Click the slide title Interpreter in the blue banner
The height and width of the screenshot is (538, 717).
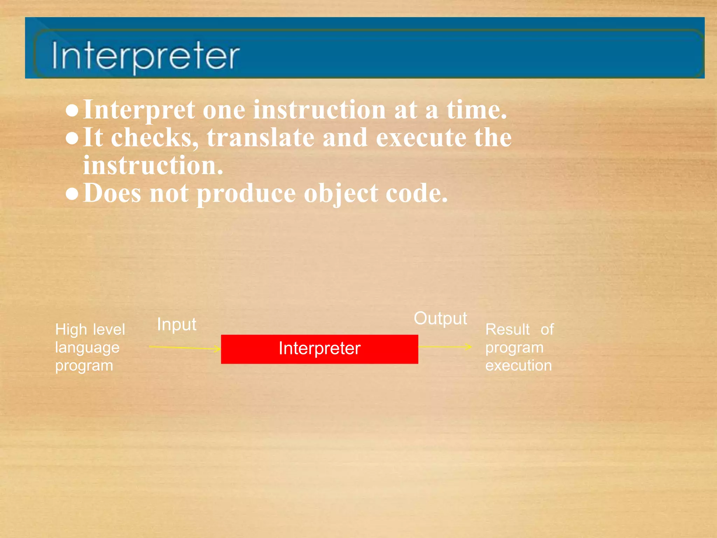click(x=145, y=55)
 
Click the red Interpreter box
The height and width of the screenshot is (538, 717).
click(x=319, y=349)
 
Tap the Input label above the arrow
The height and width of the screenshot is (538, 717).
click(x=176, y=324)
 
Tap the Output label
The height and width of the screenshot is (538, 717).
click(x=440, y=318)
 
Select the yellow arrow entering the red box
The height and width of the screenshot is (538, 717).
click(x=185, y=347)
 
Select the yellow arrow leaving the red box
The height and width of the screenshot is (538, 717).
click(x=445, y=347)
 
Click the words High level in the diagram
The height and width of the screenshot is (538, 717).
click(x=90, y=330)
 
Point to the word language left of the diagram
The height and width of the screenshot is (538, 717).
click(x=87, y=347)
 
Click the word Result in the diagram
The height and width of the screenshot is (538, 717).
click(x=507, y=330)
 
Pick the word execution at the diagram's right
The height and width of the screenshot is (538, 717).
click(x=518, y=365)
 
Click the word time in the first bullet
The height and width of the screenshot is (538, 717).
click(x=476, y=110)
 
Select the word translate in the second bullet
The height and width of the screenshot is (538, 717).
click(x=260, y=137)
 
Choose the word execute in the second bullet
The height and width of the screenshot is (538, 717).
click(x=421, y=137)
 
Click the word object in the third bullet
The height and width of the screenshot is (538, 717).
click(x=341, y=194)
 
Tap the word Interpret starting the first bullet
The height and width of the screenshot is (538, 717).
click(x=139, y=110)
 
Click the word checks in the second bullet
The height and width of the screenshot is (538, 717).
click(x=154, y=137)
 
